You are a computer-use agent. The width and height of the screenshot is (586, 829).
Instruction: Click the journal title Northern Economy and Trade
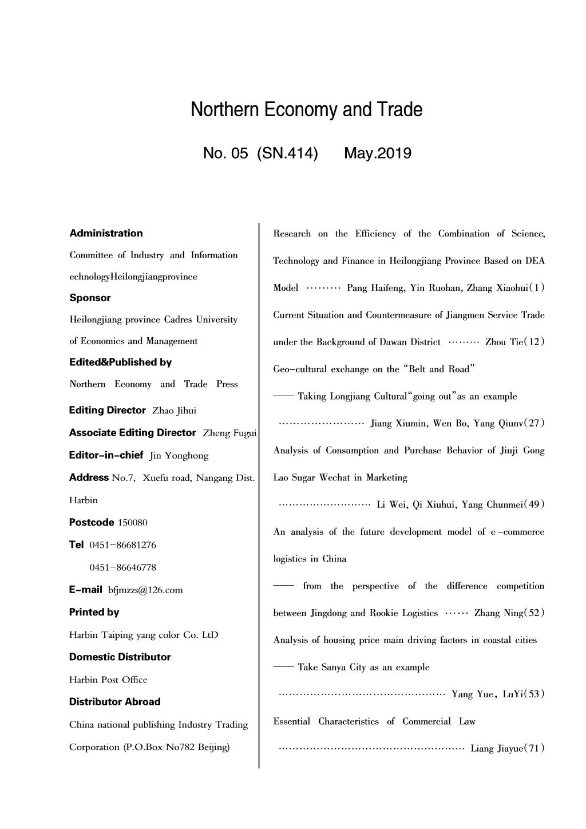click(306, 109)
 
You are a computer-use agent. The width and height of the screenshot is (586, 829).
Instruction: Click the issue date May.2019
click(378, 153)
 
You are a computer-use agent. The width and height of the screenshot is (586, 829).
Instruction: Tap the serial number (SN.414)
click(287, 153)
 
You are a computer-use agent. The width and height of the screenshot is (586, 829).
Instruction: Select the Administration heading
click(106, 233)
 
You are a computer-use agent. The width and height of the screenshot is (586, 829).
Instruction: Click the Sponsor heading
click(90, 298)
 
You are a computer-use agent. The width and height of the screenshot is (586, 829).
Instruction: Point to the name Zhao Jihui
click(174, 411)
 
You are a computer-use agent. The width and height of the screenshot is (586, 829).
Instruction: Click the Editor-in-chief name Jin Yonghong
click(179, 456)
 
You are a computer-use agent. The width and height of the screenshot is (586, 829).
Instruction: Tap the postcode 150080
click(132, 523)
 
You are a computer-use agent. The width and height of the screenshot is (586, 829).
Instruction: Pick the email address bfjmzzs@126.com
click(145, 590)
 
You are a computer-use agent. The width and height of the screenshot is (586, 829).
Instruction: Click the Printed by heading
click(94, 612)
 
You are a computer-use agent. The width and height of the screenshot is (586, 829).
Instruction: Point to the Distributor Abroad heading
click(114, 701)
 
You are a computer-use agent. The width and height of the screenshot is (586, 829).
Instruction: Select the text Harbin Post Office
click(108, 680)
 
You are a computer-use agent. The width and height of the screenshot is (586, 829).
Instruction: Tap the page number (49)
click(535, 505)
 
